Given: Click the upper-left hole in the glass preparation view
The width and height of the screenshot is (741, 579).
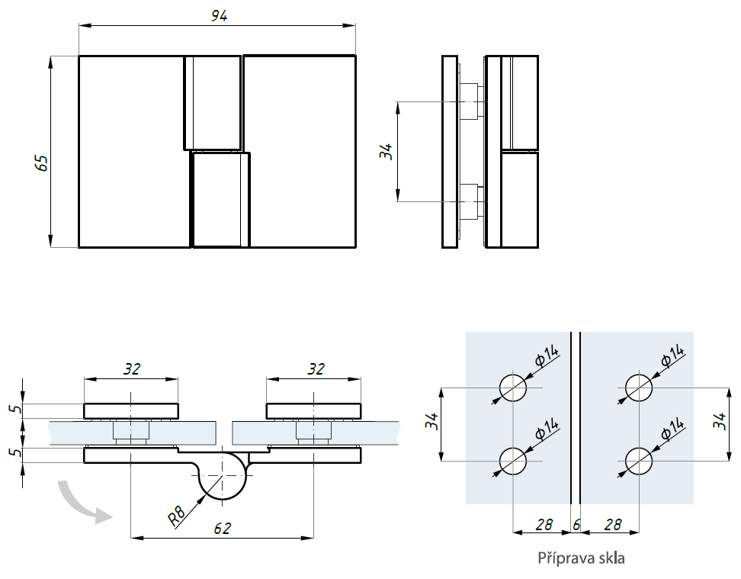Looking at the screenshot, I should click(x=513, y=388).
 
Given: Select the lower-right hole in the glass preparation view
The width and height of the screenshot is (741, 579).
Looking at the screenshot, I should click(x=638, y=461).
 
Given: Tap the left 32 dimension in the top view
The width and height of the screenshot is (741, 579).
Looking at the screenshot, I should click(x=131, y=368).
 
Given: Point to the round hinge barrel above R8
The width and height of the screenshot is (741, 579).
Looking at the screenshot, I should click(x=222, y=474).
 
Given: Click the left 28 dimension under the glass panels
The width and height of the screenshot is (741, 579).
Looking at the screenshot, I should click(x=543, y=525).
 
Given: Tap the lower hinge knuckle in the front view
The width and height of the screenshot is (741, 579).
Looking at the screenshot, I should click(x=220, y=200).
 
